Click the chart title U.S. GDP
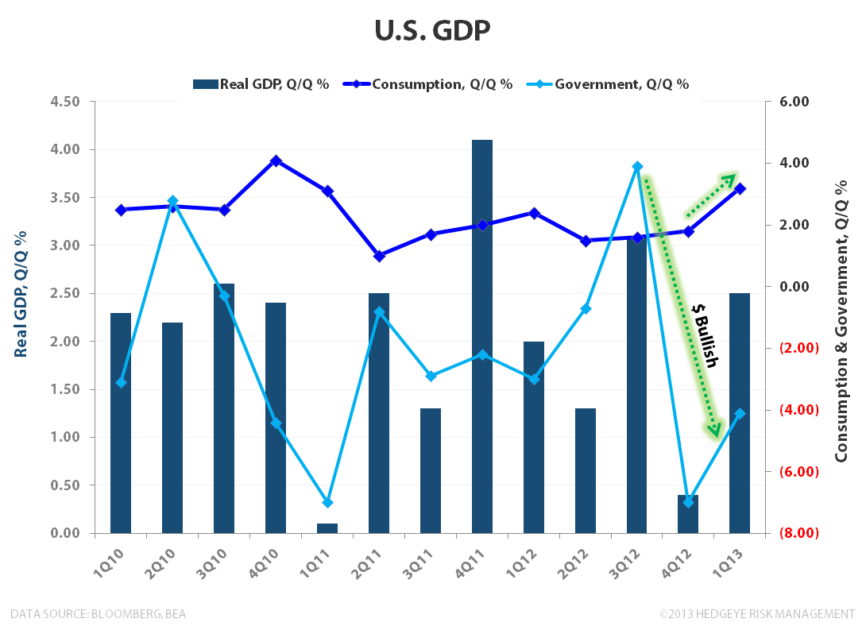click(x=432, y=31)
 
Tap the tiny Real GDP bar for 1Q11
click(x=327, y=528)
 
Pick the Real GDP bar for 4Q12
click(x=688, y=514)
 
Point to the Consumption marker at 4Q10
click(x=276, y=161)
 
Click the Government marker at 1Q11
click(x=327, y=502)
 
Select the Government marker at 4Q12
click(x=688, y=502)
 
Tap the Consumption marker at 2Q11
click(x=379, y=256)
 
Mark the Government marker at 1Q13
click(x=740, y=413)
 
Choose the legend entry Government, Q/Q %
click(x=612, y=84)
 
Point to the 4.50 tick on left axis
click(x=65, y=102)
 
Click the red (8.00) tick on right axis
click(x=800, y=533)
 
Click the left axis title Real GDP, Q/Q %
click(x=21, y=294)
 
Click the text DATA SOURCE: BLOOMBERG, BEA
click(x=99, y=613)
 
